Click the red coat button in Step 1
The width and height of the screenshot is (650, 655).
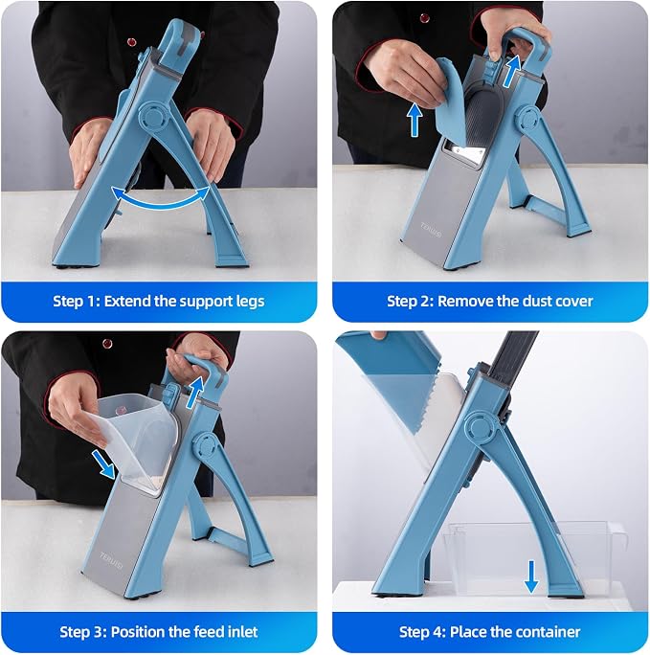pos(131,42)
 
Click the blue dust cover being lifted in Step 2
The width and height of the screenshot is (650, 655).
pos(449,96)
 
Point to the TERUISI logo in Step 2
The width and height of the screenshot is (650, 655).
pos(431,229)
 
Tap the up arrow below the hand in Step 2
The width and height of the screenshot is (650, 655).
pos(415,120)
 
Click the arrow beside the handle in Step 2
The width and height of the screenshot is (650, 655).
pos(512,71)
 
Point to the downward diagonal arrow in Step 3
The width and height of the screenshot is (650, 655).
pos(103,463)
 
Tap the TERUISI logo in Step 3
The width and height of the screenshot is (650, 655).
pos(111,560)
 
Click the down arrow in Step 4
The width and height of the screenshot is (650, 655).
pos(531,576)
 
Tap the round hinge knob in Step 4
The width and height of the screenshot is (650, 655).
pos(481,427)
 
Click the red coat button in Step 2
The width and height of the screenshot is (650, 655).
pos(425,18)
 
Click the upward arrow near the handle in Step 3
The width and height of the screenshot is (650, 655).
pos(194,392)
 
